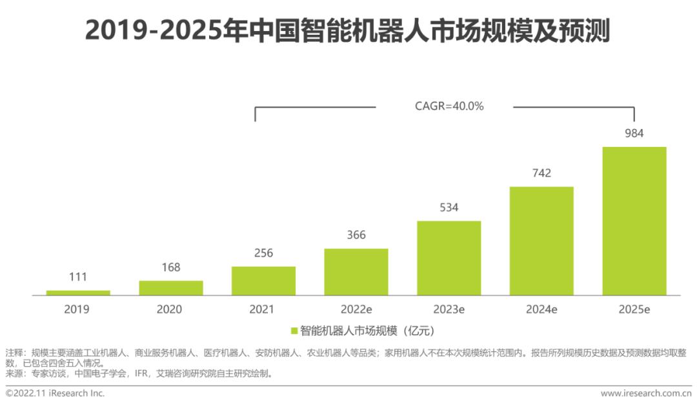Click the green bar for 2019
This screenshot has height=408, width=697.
click(x=78, y=293)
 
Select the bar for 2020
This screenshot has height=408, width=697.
click(x=171, y=288)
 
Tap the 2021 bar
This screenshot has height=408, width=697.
click(x=263, y=281)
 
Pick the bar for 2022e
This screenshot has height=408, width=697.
click(x=356, y=272)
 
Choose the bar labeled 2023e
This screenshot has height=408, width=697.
click(x=449, y=258)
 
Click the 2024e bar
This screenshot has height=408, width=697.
click(x=541, y=241)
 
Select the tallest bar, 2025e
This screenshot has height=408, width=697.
click(x=634, y=221)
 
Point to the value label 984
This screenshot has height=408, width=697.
click(x=634, y=133)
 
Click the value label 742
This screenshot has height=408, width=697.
click(x=541, y=173)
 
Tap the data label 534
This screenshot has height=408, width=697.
click(x=449, y=208)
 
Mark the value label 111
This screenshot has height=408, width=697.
click(x=78, y=277)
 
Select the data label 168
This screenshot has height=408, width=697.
click(x=171, y=267)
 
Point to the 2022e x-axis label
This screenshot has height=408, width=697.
click(x=356, y=309)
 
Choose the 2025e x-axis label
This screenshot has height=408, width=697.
click(x=634, y=309)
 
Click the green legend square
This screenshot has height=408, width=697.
click(x=294, y=331)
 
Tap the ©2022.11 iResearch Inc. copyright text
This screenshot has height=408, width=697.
click(x=55, y=393)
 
